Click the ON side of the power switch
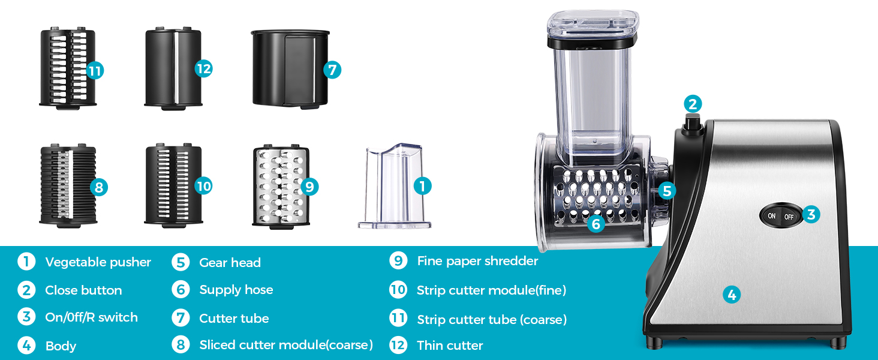[771, 216]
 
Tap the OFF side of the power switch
[789, 217]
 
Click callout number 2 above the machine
[693, 104]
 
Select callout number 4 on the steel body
[731, 295]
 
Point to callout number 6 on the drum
[595, 224]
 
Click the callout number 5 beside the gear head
[666, 191]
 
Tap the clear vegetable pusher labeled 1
[393, 186]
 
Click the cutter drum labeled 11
[66, 67]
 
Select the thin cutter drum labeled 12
[173, 67]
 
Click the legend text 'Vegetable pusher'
[98, 262]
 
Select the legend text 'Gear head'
[230, 262]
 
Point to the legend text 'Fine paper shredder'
[477, 261]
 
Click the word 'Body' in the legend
[61, 346]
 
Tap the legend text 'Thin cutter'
[450, 346]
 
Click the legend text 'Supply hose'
[236, 290]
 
